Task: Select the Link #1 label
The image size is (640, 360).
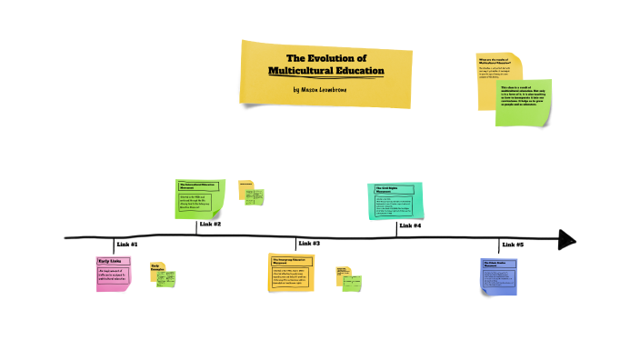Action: [127, 245]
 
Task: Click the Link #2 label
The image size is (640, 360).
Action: [211, 224]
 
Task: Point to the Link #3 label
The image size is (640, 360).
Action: [310, 244]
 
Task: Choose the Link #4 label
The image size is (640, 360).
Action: [411, 225]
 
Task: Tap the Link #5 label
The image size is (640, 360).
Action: [513, 245]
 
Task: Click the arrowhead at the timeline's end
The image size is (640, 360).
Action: [568, 239]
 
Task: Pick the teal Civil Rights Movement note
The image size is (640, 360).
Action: [395, 200]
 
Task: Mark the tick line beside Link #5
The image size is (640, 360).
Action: [499, 245]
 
